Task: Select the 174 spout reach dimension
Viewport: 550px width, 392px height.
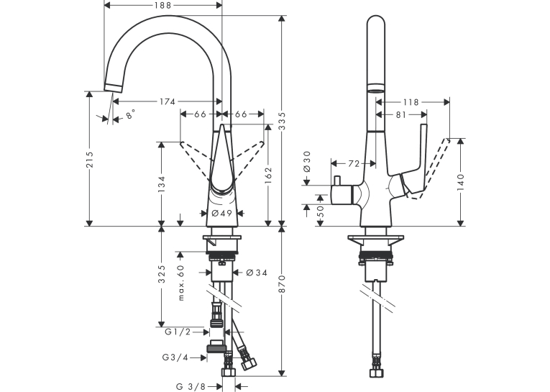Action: pos(168,101)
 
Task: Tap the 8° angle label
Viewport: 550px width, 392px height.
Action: pos(130,114)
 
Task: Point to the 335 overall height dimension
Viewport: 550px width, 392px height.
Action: pos(282,121)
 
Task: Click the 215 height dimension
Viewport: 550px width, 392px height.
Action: pos(90,160)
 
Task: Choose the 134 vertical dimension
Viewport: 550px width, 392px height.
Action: pos(162,183)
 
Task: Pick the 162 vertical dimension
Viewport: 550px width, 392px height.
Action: pos(268,176)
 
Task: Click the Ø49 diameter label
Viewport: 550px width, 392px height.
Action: pos(222,213)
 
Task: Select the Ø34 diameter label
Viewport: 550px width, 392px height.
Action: pos(257,273)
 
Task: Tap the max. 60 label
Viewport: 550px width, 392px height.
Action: pos(181,283)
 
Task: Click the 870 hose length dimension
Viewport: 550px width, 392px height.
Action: pos(282,284)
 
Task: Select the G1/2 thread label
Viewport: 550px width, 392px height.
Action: pos(178,332)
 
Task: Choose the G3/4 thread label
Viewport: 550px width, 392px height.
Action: pos(175,357)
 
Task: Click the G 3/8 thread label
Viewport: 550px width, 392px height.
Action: pos(191,386)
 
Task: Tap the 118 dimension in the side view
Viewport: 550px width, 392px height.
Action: pos(411,102)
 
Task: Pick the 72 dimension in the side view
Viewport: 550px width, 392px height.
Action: pos(354,163)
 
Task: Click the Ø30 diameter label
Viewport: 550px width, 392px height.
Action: pos(306,161)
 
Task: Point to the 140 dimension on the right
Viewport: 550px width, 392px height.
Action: pos(461,182)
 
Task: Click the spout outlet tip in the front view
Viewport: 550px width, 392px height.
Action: pos(113,88)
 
